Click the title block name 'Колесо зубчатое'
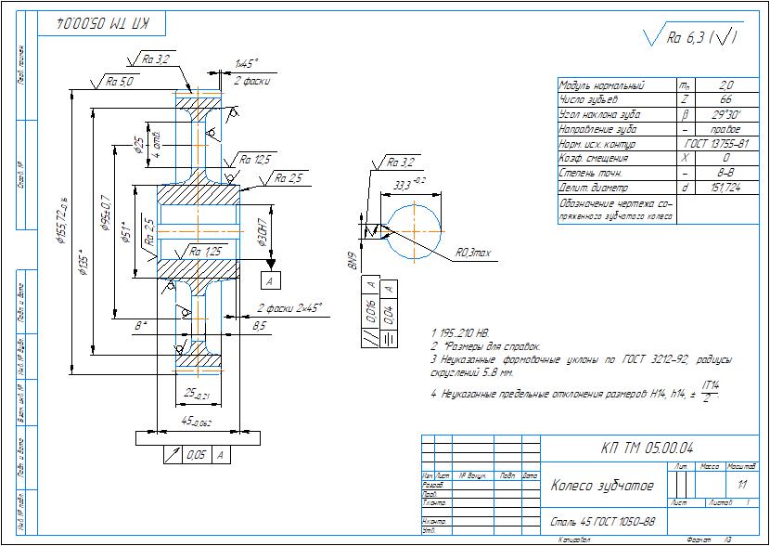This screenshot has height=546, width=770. coord(603,487)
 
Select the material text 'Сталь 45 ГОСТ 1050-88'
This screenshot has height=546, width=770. coord(603,522)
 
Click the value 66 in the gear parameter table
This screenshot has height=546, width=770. coord(726,98)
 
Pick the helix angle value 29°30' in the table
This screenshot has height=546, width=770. coord(726,114)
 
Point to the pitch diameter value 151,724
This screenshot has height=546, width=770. coord(726,188)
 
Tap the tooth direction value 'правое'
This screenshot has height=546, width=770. coord(726,129)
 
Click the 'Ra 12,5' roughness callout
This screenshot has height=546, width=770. coord(256,160)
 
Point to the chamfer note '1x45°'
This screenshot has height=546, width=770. coord(246,64)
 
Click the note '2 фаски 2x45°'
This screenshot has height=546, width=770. coord(289,306)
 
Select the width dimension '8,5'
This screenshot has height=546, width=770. coord(259,325)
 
